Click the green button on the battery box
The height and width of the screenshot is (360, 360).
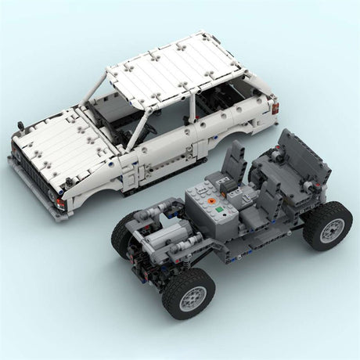pos(221,210)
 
